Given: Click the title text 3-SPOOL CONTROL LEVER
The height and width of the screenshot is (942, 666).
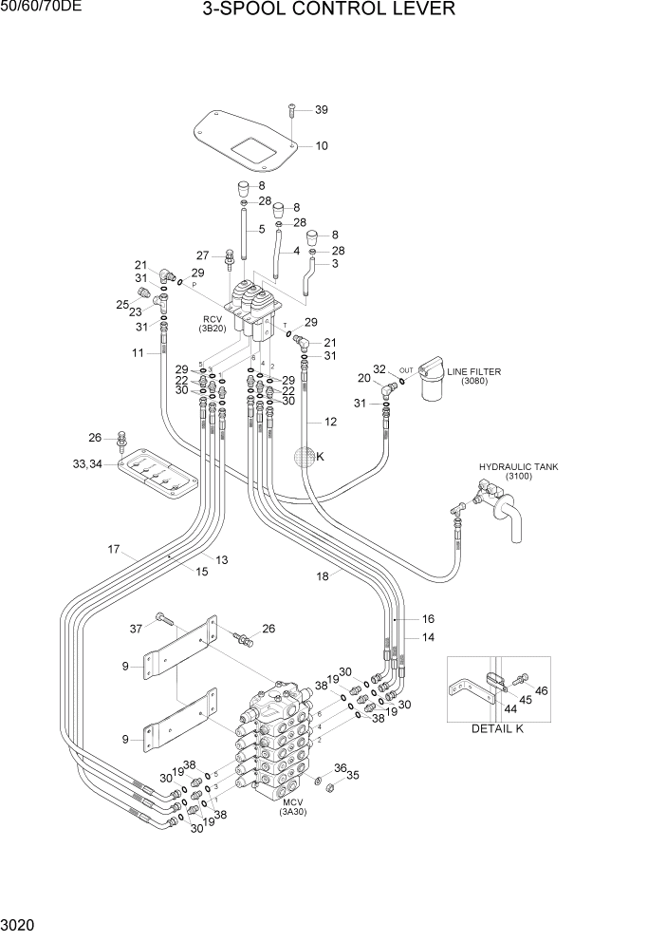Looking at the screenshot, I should pos(328,10).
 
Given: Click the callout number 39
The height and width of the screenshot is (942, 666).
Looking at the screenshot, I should pos(321,110).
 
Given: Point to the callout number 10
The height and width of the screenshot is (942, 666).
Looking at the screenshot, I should pos(321,146).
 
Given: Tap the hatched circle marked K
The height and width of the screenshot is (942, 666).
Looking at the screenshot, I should pos(304,457).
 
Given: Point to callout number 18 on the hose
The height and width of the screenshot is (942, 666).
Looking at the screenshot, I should pos(322,576).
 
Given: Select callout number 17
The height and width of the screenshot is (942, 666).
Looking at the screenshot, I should pos(114,549).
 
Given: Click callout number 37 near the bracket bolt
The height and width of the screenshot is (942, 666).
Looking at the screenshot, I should pos(136,628).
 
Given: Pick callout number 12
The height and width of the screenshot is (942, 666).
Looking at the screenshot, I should pos(330,421).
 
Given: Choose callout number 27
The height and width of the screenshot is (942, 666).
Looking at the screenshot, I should pos(202,254).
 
